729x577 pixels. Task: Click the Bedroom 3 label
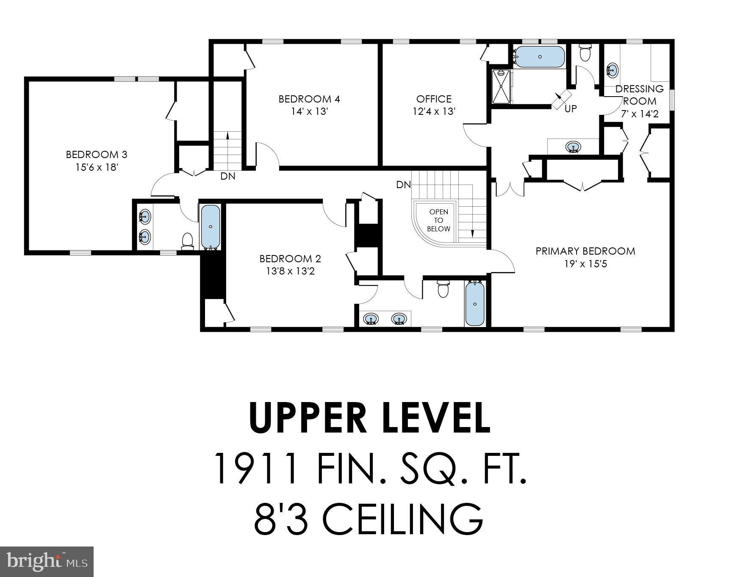coord(97,155)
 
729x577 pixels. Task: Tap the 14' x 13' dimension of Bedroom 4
coord(309,112)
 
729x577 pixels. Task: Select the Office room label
coord(434,99)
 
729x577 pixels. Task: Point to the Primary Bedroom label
coord(585,251)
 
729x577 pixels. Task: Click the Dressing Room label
coord(639,95)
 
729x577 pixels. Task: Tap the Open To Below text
coord(438,220)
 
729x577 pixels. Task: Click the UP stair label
coord(571,109)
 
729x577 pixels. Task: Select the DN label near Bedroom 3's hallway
coord(228,176)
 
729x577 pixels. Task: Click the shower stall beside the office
coord(501,86)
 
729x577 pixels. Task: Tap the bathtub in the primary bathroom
coord(540,57)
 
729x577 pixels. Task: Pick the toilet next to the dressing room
coord(585,53)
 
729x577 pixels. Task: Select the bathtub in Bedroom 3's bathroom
coord(210,227)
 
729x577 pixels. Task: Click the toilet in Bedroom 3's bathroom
coord(187,241)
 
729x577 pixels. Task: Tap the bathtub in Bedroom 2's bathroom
coord(475,304)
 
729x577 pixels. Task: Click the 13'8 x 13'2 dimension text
coord(290,271)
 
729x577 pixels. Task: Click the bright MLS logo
coord(47,562)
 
